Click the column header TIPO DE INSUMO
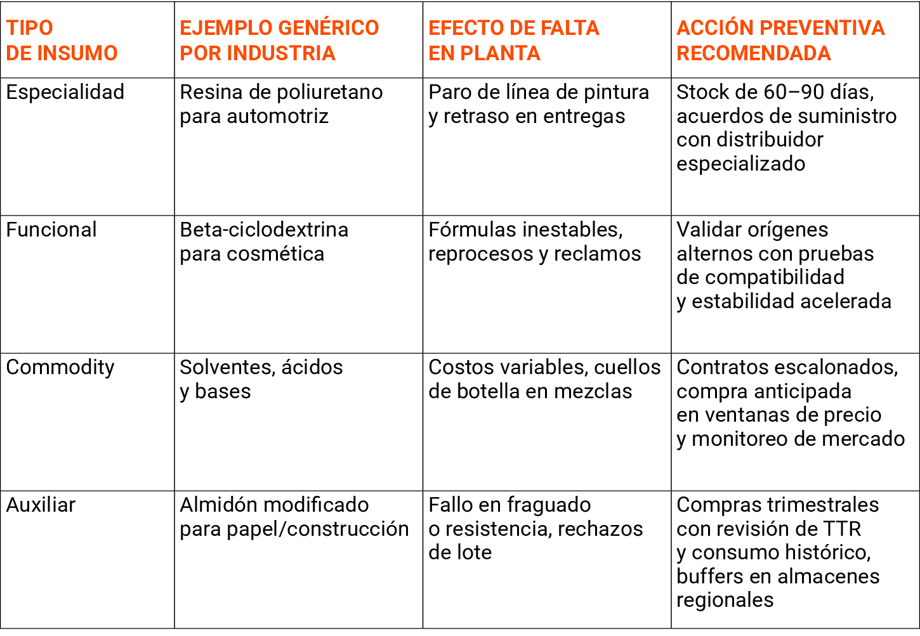(62, 40)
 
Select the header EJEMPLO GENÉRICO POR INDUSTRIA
(279, 40)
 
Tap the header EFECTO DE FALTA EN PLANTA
(513, 40)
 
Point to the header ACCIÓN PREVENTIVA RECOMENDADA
(780, 40)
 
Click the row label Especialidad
(65, 93)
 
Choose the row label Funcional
(51, 230)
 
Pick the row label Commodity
(60, 368)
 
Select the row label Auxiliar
(41, 505)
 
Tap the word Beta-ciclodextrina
(264, 230)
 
